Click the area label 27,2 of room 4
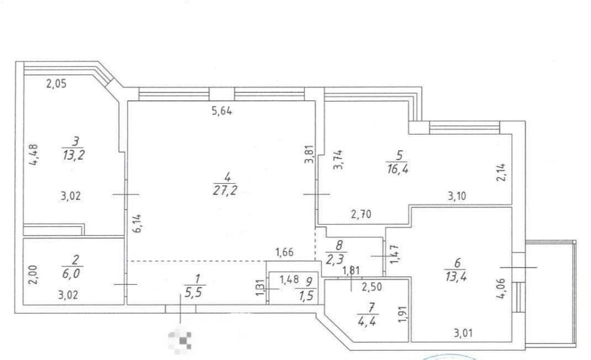pyautogui.click(x=225, y=191)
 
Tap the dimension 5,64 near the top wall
pyautogui.click(x=222, y=111)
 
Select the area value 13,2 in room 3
pyautogui.click(x=74, y=155)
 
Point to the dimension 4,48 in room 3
pyautogui.click(x=33, y=155)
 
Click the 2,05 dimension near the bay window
pyautogui.click(x=56, y=83)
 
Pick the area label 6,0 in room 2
pyautogui.click(x=72, y=273)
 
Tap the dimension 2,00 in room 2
pyautogui.click(x=33, y=274)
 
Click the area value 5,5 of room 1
pyautogui.click(x=194, y=293)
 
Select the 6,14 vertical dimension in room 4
pyautogui.click(x=138, y=223)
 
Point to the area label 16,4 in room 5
pyautogui.click(x=398, y=168)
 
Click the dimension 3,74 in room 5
pyautogui.click(x=338, y=160)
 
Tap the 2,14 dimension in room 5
pyautogui.click(x=501, y=172)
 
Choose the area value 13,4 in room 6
pyautogui.click(x=456, y=276)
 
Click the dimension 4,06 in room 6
pyautogui.click(x=501, y=288)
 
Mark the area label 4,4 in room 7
pyautogui.click(x=367, y=322)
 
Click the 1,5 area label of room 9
pyautogui.click(x=306, y=296)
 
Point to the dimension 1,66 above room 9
pyautogui.click(x=285, y=252)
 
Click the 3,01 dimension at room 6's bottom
pyautogui.click(x=463, y=333)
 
